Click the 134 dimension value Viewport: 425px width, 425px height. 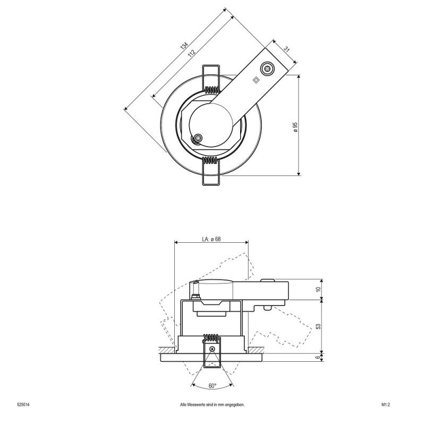184,45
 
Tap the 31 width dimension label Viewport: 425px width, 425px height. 287,49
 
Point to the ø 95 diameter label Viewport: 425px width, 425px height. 295,127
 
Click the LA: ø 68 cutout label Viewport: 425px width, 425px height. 211,239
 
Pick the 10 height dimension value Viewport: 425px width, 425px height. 318,289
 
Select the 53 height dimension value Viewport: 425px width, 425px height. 318,326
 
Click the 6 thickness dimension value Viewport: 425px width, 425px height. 318,358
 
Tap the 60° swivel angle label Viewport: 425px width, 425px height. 212,386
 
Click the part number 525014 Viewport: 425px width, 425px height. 23,405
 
